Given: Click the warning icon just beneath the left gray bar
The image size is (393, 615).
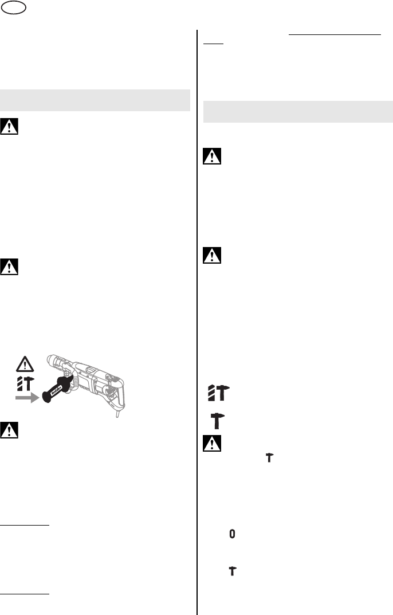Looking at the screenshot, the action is (10, 127).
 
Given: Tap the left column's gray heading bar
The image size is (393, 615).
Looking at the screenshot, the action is (95, 99).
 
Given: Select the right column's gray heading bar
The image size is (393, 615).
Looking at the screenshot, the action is (298, 111).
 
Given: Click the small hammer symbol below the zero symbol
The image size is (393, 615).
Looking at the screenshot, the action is (232, 570).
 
